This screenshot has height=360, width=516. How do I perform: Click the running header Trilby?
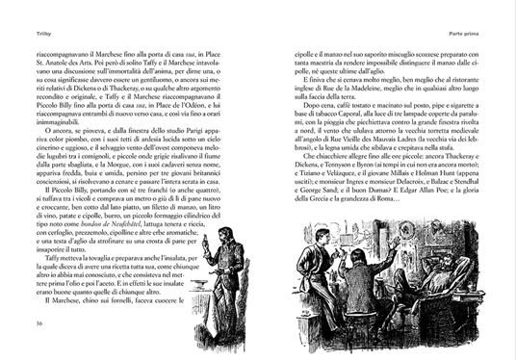16,11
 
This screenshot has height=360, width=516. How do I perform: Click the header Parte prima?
488,11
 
